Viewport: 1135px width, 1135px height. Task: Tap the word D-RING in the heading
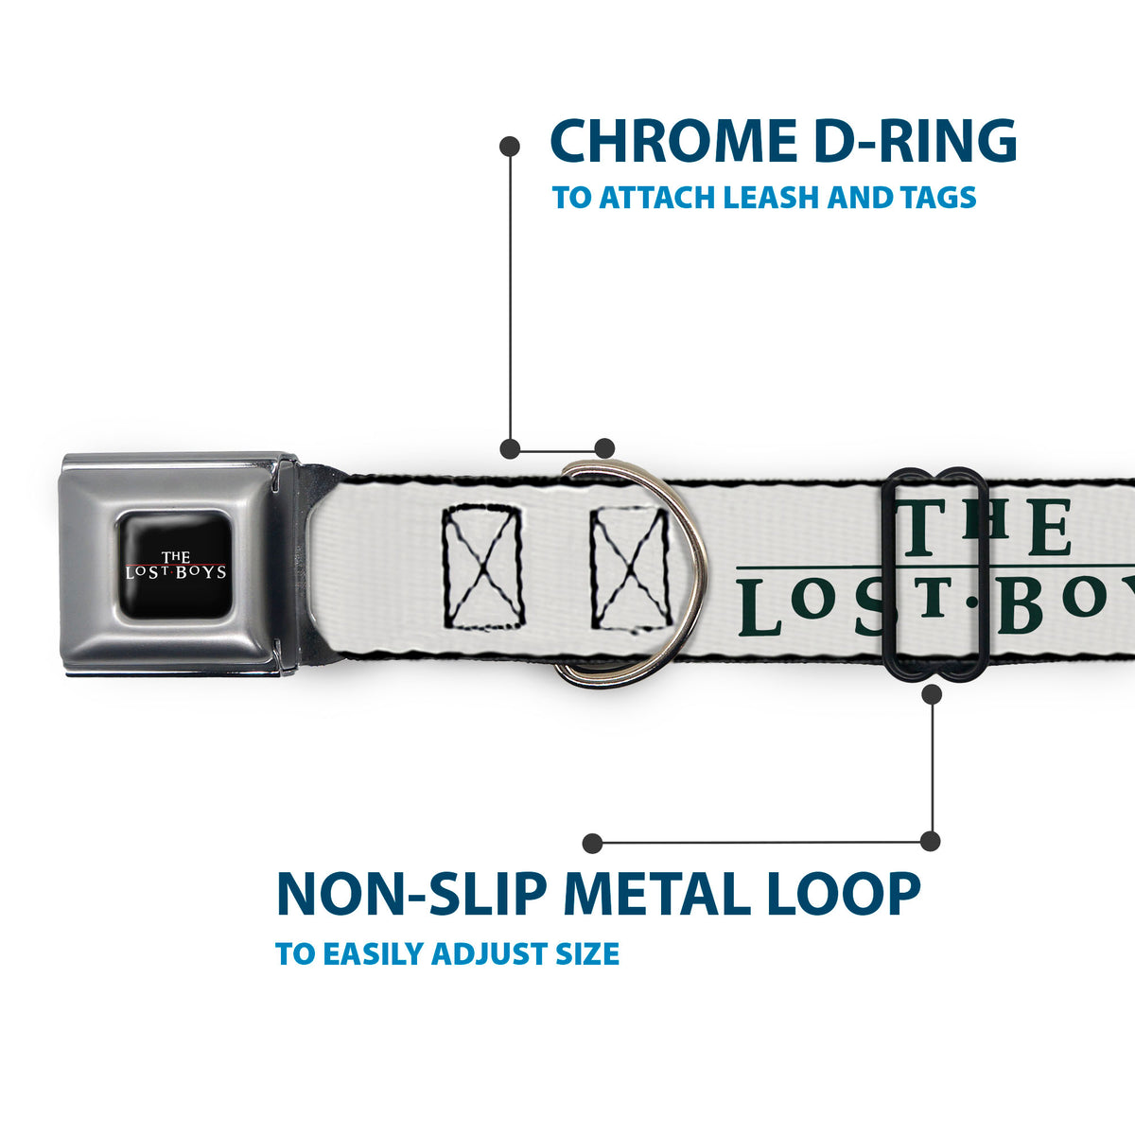[x=916, y=141]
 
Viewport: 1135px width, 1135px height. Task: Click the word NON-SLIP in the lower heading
[x=411, y=894]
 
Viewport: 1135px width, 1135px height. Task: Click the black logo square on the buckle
[x=176, y=565]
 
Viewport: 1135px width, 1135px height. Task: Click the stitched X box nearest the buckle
[x=482, y=567]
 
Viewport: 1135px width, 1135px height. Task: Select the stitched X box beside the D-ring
[x=631, y=570]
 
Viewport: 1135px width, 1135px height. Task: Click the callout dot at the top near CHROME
[x=509, y=146]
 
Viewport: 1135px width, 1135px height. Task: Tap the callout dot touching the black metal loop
[x=932, y=694]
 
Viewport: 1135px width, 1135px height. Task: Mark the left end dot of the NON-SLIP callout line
[x=592, y=843]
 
